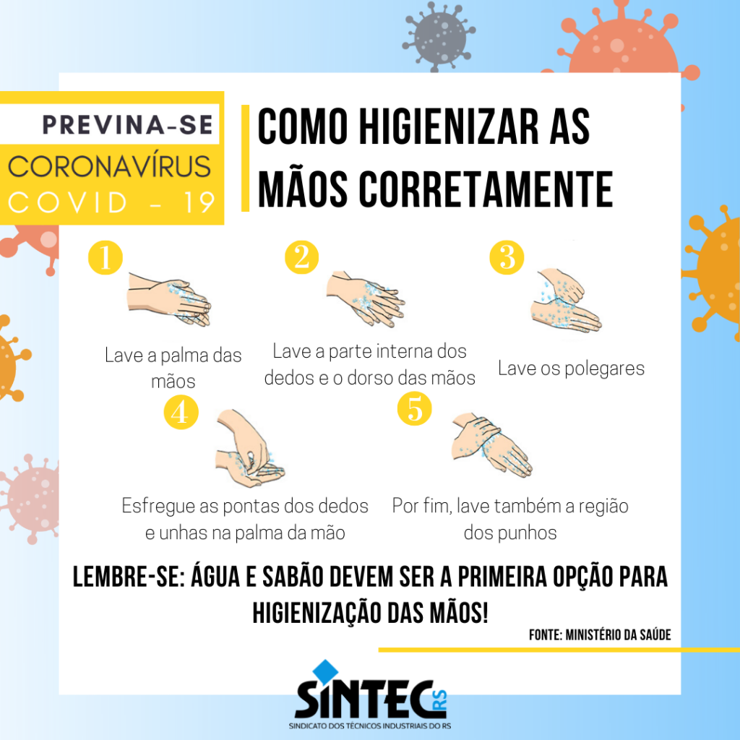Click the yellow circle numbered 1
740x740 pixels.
click(106, 257)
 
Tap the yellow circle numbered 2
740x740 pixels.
click(301, 257)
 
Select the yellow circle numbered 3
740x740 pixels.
click(507, 257)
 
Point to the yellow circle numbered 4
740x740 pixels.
click(181, 412)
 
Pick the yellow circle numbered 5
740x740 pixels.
click(414, 408)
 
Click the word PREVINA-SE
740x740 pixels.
click(127, 125)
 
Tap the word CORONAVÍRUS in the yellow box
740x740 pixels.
click(109, 166)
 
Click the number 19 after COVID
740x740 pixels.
click(199, 202)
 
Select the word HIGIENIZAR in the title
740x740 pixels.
click(449, 126)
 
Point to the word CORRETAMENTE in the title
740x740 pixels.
click(486, 189)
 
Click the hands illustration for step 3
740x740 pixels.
click(566, 299)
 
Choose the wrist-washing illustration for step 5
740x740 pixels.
click(491, 445)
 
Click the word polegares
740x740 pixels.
click(604, 369)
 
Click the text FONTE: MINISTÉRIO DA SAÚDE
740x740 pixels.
click(600, 634)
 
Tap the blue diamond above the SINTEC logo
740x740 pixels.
click(326, 671)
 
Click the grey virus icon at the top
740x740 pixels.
click(439, 36)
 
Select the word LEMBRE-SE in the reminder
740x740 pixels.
click(129, 577)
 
